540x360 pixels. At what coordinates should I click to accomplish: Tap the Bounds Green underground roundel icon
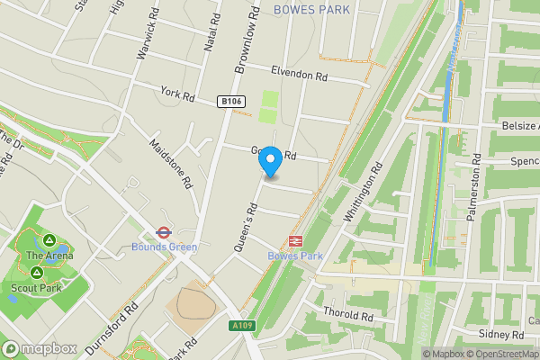pyautogui.click(x=164, y=231)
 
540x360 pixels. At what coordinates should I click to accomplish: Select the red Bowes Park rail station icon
pyautogui.click(x=294, y=240)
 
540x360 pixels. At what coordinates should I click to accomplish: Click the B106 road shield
pyautogui.click(x=231, y=102)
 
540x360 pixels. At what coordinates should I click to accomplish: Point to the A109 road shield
pyautogui.click(x=240, y=326)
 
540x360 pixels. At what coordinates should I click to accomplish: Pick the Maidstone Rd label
pyautogui.click(x=171, y=162)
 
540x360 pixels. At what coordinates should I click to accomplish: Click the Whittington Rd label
pyautogui.click(x=364, y=191)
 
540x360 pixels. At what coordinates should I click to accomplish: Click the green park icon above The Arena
pyautogui.click(x=50, y=240)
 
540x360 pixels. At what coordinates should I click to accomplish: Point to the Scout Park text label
pyautogui.click(x=37, y=288)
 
